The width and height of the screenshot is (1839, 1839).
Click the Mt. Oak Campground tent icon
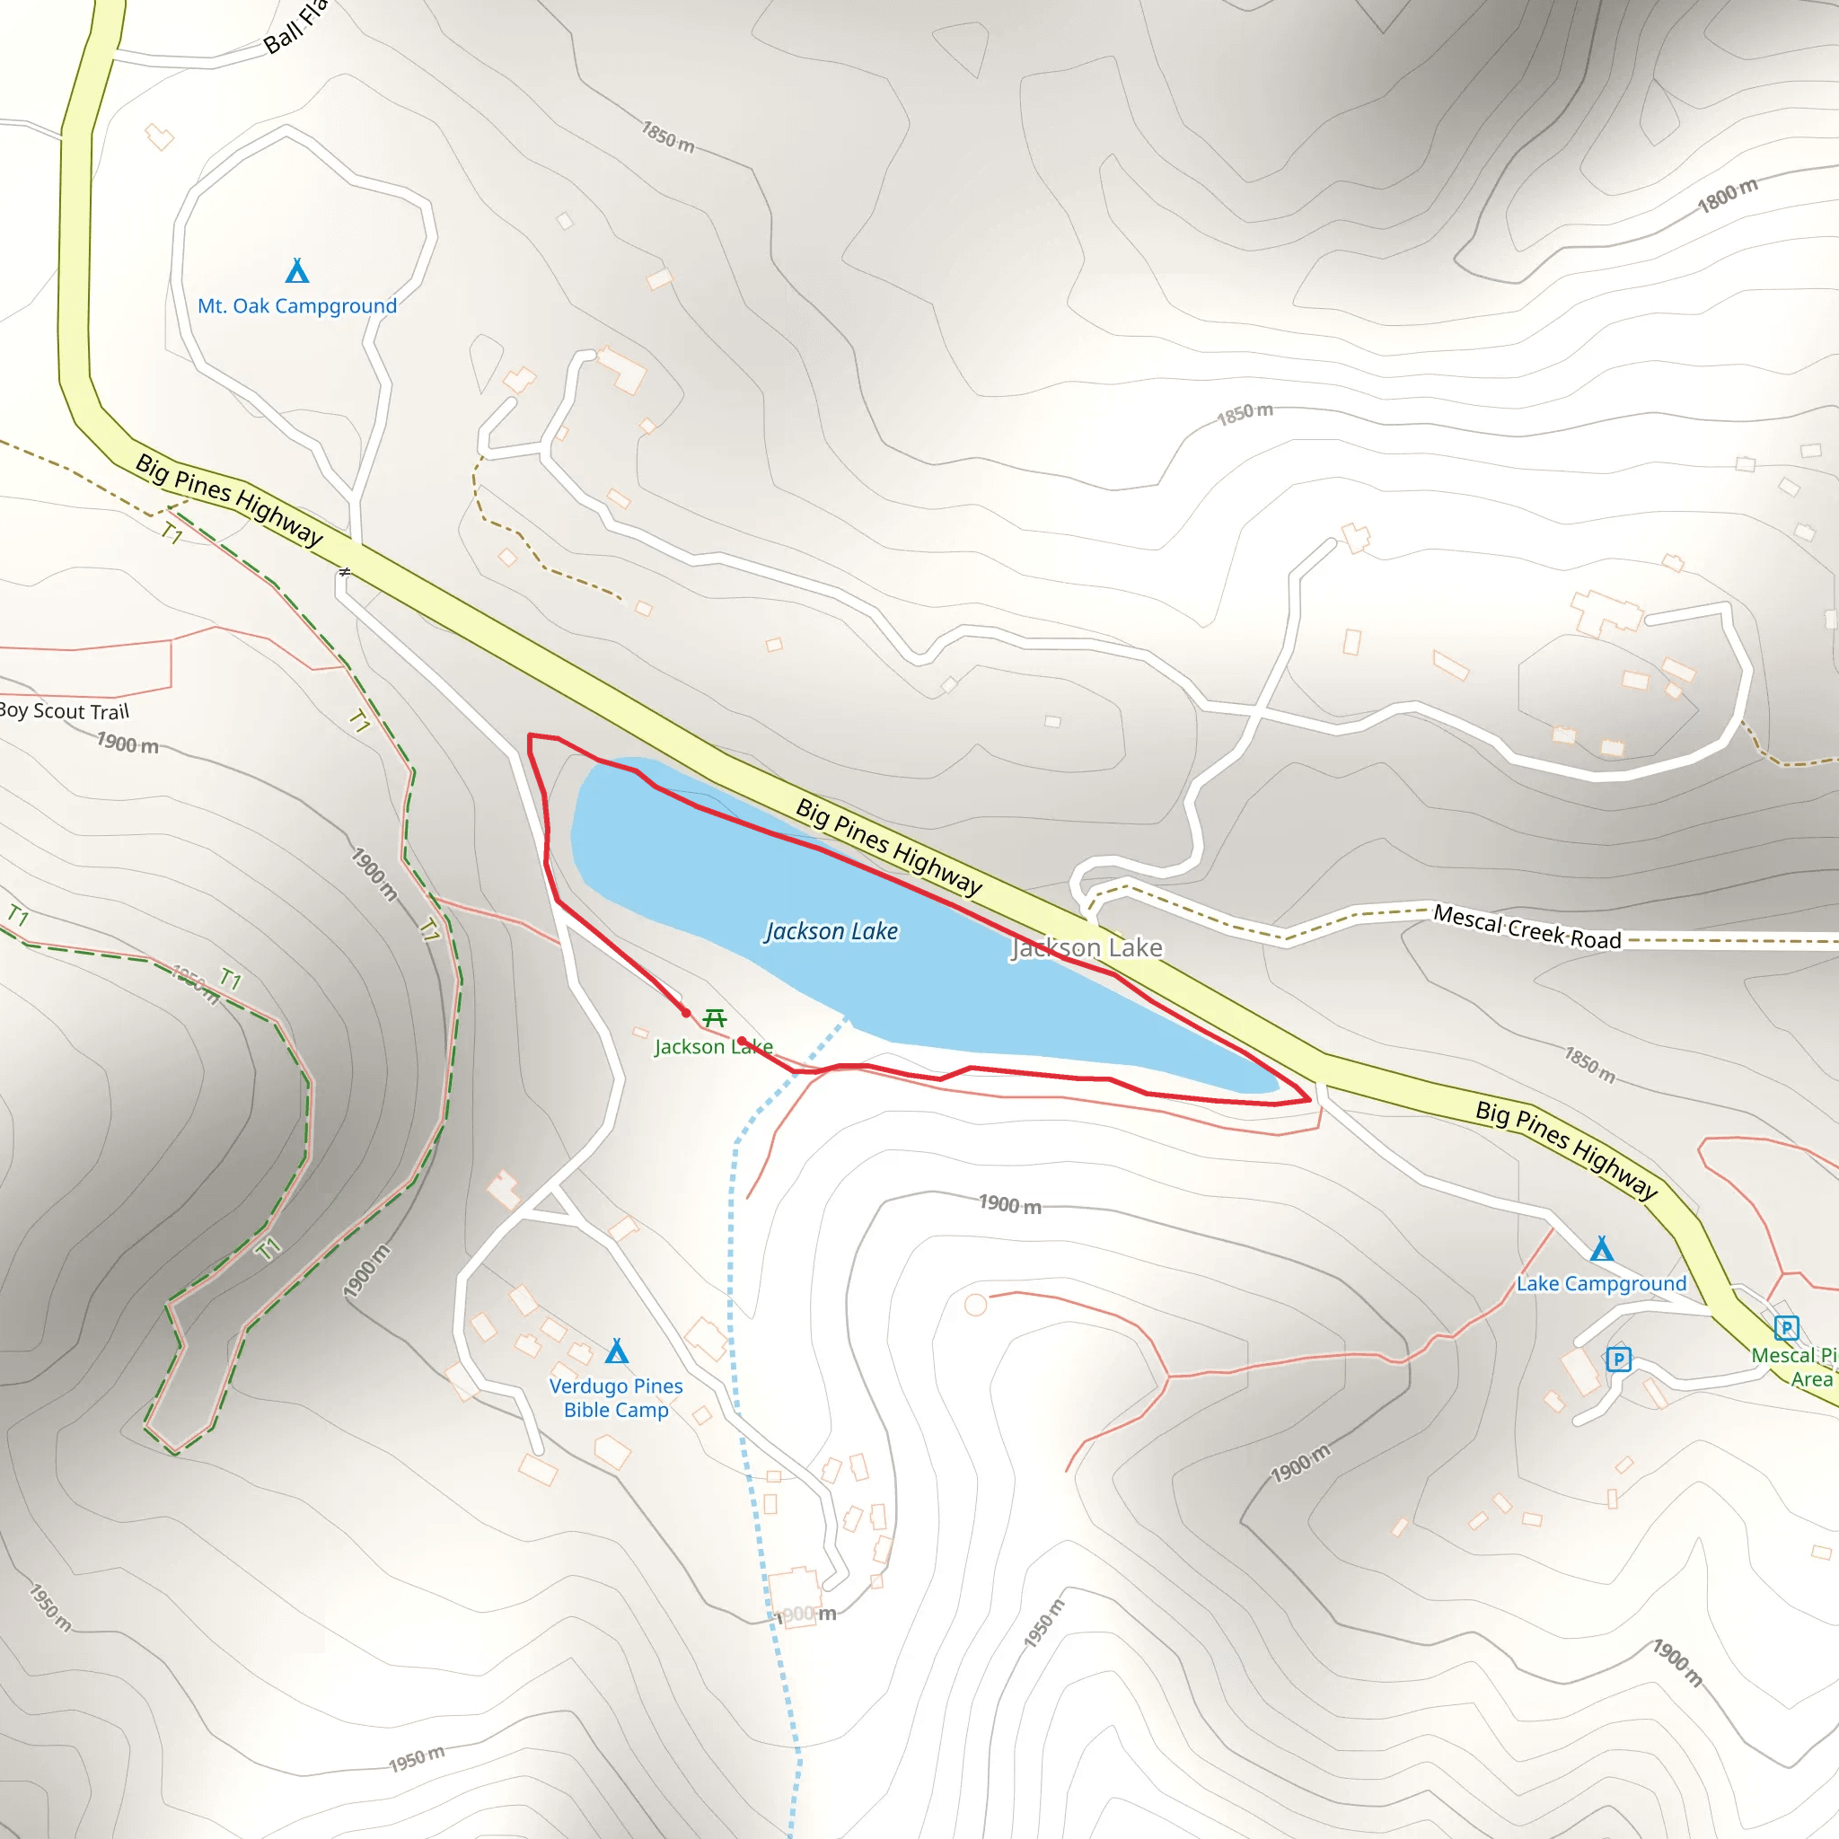[x=297, y=272]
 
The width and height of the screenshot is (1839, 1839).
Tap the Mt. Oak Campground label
[x=297, y=306]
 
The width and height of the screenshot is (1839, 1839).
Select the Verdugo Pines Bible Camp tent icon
[x=617, y=1351]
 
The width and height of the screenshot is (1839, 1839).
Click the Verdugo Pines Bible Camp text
[x=616, y=1397]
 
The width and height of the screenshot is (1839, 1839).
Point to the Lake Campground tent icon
[x=1602, y=1249]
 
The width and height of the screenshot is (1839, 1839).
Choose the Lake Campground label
[x=1601, y=1284]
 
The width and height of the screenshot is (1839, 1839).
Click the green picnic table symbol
[x=714, y=1018]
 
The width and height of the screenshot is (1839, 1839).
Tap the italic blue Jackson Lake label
[x=832, y=931]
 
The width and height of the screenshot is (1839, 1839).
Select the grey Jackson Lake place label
[x=1087, y=948]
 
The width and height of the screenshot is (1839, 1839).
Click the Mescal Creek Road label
[x=1527, y=927]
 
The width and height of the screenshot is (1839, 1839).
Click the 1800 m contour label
[x=1728, y=195]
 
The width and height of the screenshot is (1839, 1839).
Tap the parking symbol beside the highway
[x=1787, y=1327]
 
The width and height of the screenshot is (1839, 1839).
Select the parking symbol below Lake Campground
[x=1618, y=1359]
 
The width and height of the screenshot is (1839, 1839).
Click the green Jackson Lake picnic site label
[x=713, y=1047]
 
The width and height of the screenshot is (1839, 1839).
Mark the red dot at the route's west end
[x=685, y=1013]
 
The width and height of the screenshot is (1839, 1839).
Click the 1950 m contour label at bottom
[x=416, y=1759]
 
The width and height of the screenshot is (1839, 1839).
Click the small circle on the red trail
[x=976, y=1304]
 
